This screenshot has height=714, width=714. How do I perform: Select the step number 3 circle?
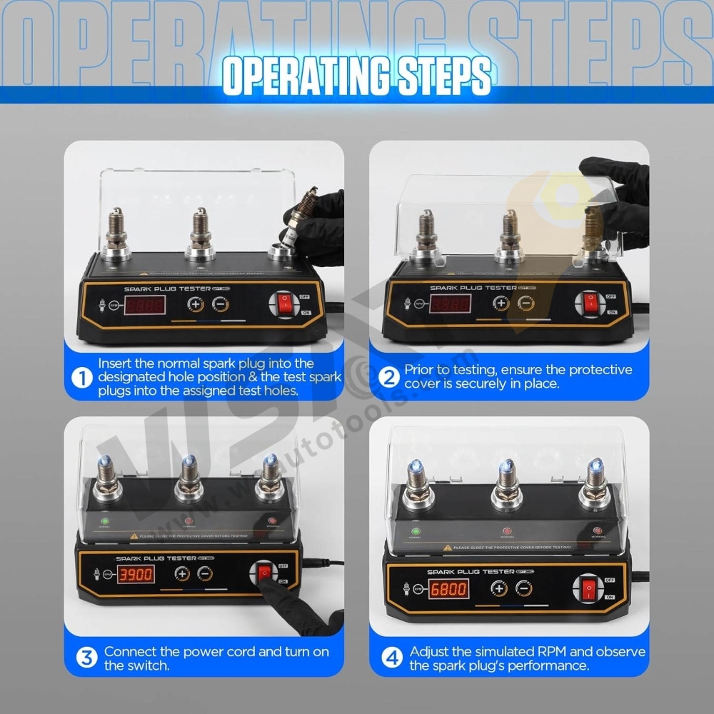coord(86,657)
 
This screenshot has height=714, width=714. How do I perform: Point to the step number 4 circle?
coord(392,657)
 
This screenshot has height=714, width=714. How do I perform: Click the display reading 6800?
coord(448,589)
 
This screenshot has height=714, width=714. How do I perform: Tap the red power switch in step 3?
coord(265,572)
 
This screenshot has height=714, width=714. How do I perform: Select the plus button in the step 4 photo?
coord(498,588)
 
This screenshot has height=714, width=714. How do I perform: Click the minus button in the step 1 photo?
coord(221,303)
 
